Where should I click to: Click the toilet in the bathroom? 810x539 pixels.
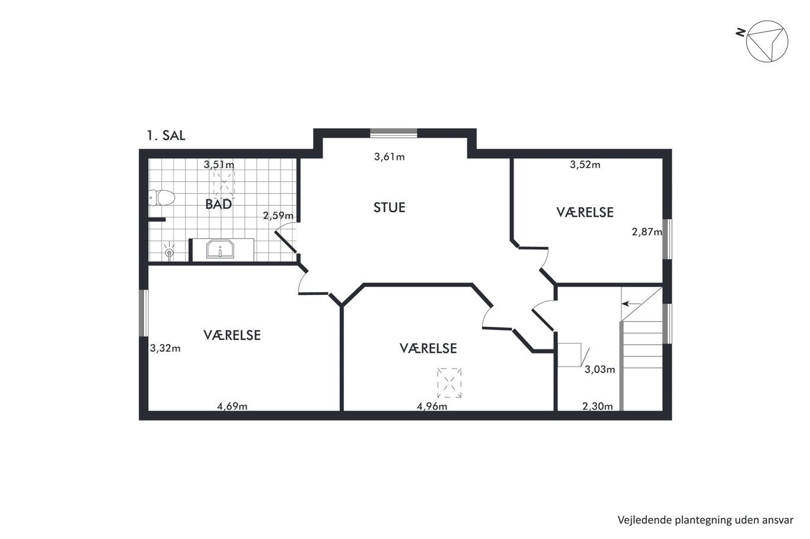[162, 198]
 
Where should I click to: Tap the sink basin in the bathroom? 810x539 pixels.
[220, 249]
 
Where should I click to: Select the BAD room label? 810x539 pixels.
[218, 204]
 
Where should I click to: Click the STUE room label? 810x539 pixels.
[390, 207]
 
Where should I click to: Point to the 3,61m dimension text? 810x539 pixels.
[390, 157]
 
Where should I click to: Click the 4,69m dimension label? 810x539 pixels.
[232, 406]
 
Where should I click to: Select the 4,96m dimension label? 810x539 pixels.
[432, 406]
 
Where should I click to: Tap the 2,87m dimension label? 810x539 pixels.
[647, 232]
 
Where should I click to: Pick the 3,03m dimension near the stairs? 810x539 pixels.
[600, 369]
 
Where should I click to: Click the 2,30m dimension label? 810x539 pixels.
[598, 406]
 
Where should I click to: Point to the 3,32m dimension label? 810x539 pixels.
[165, 348]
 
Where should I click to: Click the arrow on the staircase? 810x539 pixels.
[632, 304]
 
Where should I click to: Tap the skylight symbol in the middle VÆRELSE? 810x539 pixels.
[449, 383]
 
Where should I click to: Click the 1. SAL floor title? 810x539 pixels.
[166, 136]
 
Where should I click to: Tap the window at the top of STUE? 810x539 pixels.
[393, 133]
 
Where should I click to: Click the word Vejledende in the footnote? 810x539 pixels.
[639, 520]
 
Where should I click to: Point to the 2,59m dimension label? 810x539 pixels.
[278, 216]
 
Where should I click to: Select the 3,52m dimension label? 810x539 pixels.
[585, 165]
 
